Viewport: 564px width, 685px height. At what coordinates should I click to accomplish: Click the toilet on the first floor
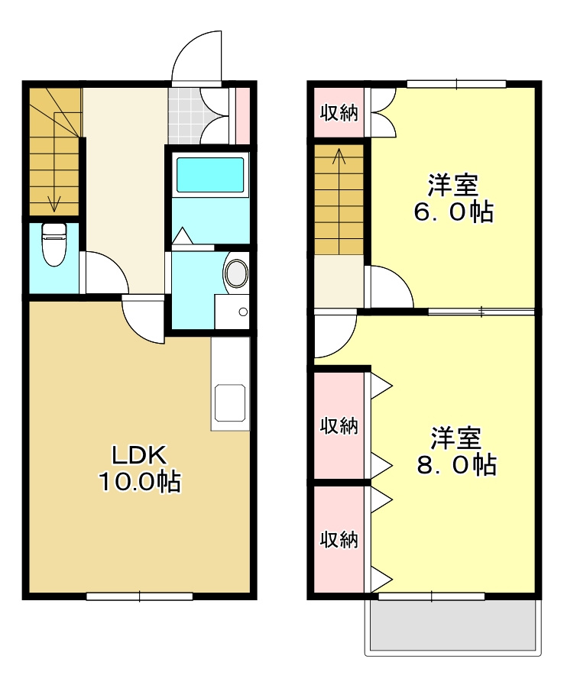53,244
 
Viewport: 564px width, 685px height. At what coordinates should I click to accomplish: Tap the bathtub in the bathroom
210,175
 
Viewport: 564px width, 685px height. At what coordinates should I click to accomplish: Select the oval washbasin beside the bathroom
236,273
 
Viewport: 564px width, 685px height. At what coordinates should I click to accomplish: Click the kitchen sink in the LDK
230,402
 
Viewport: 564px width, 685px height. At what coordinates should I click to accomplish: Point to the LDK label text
139,455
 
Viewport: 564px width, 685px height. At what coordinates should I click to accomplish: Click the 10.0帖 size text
139,481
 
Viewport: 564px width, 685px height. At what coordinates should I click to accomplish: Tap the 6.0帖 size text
453,212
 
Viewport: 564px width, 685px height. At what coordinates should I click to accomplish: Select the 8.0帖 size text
456,464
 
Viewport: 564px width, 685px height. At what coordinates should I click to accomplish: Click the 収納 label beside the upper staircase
339,113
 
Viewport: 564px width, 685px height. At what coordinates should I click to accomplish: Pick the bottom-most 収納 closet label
339,540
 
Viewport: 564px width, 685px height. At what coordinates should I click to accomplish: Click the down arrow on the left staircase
54,203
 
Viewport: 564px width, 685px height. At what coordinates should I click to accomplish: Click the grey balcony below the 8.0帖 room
454,626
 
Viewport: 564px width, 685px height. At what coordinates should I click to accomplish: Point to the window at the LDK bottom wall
139,596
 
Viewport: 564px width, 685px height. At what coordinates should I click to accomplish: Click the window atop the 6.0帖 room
456,83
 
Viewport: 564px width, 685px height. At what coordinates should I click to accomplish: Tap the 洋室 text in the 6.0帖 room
453,185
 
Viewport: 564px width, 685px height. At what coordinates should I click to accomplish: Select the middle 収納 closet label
339,425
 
